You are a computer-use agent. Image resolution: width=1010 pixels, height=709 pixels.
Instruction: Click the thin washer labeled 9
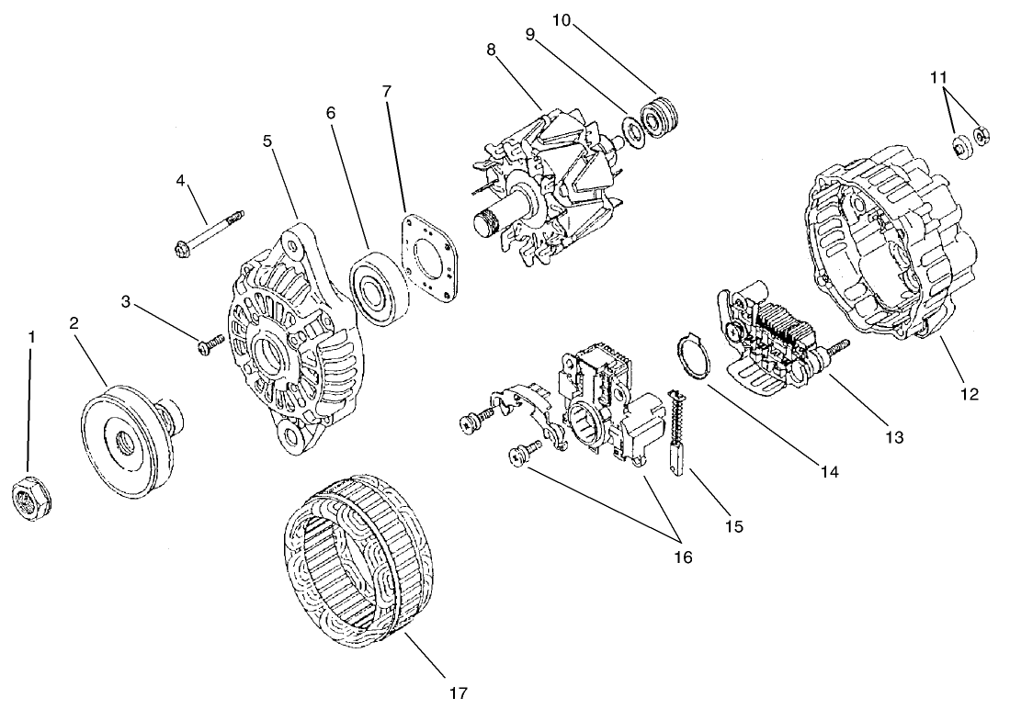coord(633,126)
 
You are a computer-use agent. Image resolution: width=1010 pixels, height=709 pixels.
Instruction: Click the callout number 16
coord(681,557)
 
